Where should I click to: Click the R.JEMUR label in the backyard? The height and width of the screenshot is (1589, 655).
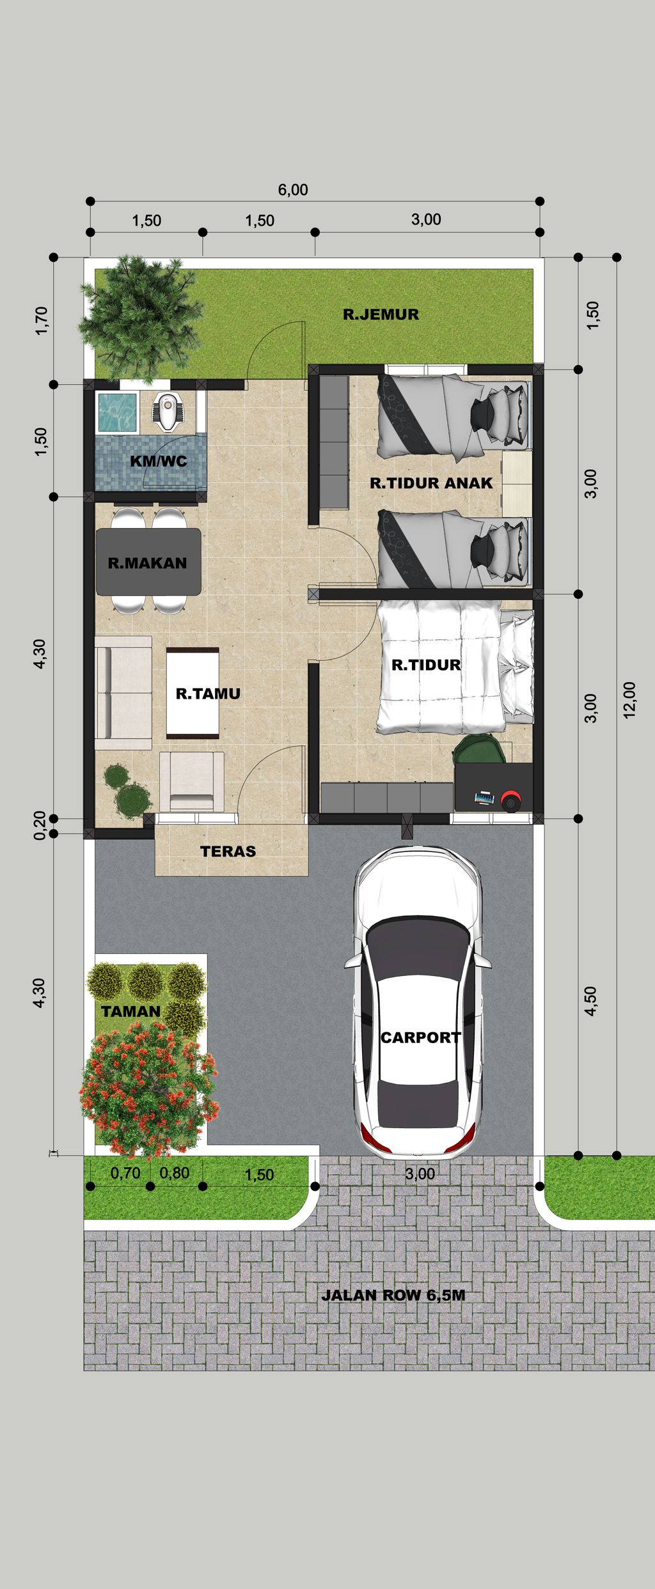(381, 314)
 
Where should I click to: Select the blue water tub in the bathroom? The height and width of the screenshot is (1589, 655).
(116, 412)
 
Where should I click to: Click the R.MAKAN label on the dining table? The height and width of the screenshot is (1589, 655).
(147, 563)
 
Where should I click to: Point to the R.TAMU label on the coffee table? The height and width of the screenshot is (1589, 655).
(208, 694)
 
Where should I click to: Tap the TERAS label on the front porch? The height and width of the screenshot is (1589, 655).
(228, 851)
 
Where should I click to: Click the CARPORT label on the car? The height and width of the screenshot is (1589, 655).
(420, 1037)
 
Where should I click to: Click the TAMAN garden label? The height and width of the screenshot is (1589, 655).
(130, 1011)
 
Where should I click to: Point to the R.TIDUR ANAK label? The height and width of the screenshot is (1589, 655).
(431, 483)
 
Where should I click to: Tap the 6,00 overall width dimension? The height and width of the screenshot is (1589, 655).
(293, 190)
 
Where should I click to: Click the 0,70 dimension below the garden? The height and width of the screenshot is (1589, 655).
(125, 1173)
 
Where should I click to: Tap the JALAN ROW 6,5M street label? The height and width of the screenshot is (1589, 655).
(393, 1296)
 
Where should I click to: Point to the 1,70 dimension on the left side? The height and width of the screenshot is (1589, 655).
(42, 321)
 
